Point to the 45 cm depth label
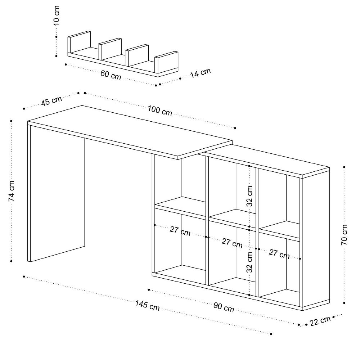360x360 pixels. click(51, 101)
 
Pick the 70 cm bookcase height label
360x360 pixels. click(345, 234)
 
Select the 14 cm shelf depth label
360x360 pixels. click(200, 73)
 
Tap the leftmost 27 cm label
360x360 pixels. click(180, 231)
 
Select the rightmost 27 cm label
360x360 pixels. click(279, 254)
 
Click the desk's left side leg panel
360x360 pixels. click(57, 194)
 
